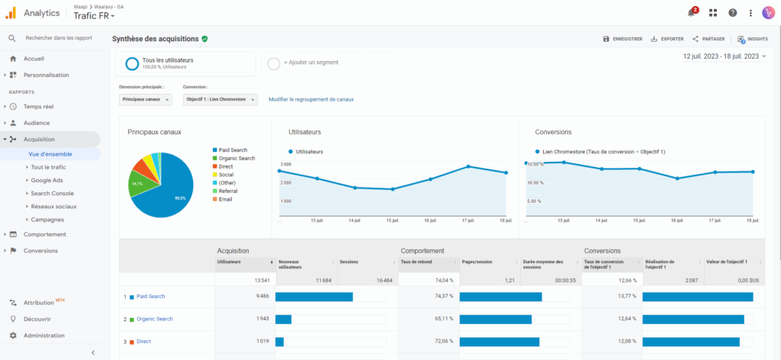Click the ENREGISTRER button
pos(622,39)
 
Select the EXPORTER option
pos(667,39)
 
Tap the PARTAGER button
pos(709,39)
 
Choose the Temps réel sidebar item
pos(38,107)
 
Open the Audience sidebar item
pos(37,123)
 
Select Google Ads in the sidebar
pos(47,180)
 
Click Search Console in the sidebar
pos(52,193)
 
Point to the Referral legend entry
pos(228,191)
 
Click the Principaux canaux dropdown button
pos(146,99)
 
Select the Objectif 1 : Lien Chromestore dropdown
pos(220,99)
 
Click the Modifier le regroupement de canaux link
pos(311,99)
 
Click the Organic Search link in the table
pos(154,319)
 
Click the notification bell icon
pos(691,13)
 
